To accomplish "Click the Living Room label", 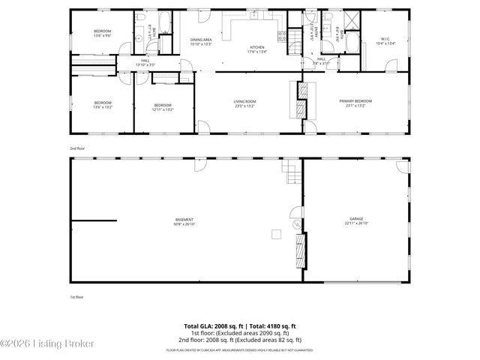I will (x=244, y=103).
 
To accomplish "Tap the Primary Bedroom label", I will (x=357, y=103).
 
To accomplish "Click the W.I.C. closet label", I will (x=385, y=41).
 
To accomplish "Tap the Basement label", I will (x=184, y=221).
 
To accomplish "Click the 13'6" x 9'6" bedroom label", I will (x=103, y=33).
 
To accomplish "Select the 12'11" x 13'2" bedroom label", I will (x=163, y=106).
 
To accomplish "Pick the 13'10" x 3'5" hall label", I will (x=145, y=62).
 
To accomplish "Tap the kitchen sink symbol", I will (x=255, y=14).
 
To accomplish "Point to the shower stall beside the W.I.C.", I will (x=349, y=20).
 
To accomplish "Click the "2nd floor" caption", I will (x=76, y=148).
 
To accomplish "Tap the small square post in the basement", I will (x=276, y=234).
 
